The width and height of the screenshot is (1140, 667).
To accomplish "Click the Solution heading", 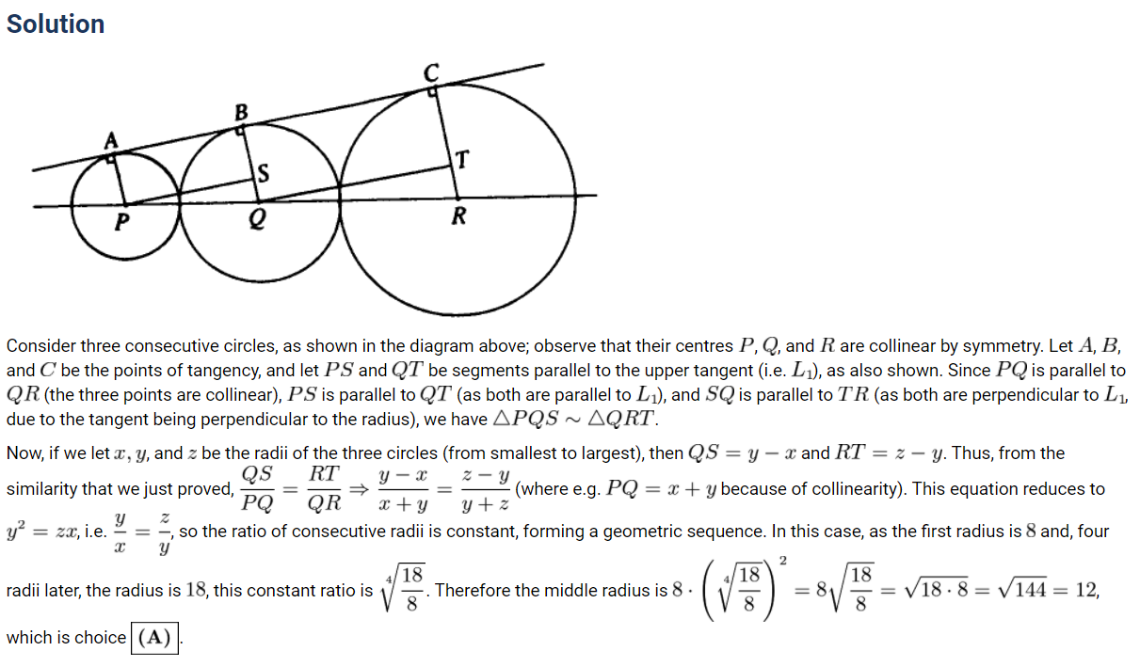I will pyautogui.click(x=56, y=24).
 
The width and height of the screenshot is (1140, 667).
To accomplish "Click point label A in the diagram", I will pyautogui.click(x=111, y=141).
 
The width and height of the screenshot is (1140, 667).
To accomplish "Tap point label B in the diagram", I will pyautogui.click(x=241, y=112).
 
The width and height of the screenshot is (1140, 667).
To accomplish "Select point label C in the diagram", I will pyautogui.click(x=432, y=72).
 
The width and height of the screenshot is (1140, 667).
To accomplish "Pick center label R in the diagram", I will pyautogui.click(x=458, y=217).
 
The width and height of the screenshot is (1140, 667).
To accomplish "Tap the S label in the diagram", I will pyautogui.click(x=264, y=173).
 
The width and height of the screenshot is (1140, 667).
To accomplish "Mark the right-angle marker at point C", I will pyautogui.click(x=433, y=92).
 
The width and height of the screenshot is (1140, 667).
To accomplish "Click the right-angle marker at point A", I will pyautogui.click(x=113, y=159).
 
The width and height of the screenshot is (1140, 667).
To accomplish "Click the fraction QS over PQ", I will pyautogui.click(x=258, y=488).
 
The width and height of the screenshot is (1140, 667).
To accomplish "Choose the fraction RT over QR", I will pyautogui.click(x=325, y=488).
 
